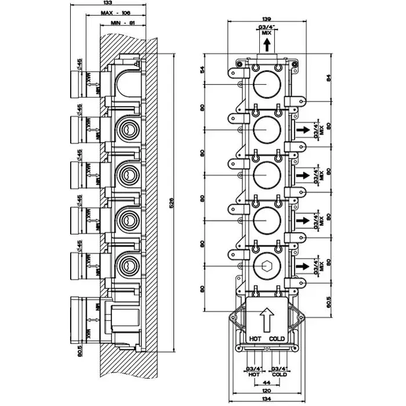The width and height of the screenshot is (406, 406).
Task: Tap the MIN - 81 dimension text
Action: (x=122, y=23)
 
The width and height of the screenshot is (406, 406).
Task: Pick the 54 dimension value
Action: (x=203, y=70)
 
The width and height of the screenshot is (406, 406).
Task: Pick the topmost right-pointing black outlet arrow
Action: (x=302, y=131)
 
